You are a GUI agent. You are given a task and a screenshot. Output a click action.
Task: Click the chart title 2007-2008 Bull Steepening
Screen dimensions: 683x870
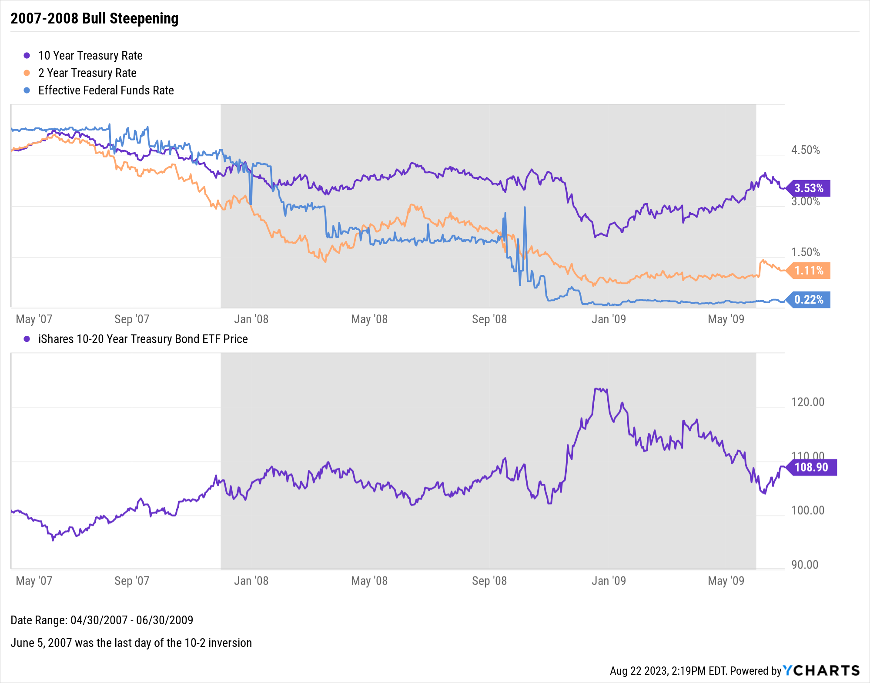point(94,19)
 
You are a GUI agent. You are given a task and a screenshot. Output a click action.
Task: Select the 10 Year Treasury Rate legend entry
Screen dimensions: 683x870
point(90,56)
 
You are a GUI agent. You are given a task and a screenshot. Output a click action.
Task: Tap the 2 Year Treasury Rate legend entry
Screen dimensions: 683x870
point(87,73)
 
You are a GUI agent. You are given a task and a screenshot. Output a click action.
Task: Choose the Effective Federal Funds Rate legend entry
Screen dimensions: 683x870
point(106,90)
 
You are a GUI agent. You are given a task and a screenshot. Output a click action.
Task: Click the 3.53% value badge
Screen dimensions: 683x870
point(809,188)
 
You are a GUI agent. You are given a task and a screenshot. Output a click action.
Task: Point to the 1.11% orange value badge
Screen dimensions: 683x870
point(809,271)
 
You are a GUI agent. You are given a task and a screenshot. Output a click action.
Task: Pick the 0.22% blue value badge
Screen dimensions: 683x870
point(809,300)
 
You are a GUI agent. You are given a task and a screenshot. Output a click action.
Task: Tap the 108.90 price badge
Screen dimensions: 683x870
point(811,467)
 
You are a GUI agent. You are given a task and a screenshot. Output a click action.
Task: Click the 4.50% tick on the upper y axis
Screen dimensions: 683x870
point(805,150)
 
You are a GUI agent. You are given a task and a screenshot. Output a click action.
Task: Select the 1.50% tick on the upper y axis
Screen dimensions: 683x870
point(805,252)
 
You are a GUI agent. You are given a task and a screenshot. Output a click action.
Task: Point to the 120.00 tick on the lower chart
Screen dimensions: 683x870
point(807,402)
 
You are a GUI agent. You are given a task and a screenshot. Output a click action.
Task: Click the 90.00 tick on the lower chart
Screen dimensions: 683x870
point(805,565)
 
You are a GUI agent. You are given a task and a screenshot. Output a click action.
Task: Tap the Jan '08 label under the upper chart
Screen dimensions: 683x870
point(251,319)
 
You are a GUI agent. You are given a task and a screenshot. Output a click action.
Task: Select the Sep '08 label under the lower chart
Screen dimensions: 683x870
point(489,581)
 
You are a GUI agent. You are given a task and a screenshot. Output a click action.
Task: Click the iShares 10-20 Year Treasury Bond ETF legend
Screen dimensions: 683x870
point(143,339)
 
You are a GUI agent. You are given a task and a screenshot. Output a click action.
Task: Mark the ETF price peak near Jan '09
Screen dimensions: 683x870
point(600,389)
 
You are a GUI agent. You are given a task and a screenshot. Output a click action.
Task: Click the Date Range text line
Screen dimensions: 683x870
point(102,620)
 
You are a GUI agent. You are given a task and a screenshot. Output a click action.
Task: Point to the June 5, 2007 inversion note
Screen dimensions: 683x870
point(131,643)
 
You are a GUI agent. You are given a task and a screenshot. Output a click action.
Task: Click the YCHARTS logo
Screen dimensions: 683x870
point(821,670)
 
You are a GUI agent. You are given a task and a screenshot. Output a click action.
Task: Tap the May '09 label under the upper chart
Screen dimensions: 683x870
point(726,319)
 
